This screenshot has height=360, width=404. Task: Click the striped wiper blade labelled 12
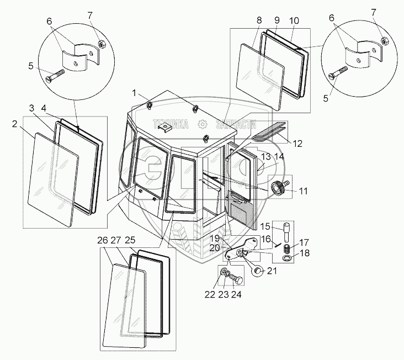point(269,131)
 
